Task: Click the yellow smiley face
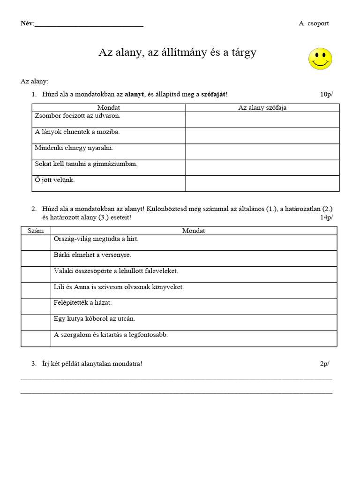320,59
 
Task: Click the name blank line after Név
89,24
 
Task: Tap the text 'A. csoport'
314,23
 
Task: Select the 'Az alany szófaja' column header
262,108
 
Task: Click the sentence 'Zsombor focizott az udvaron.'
77,115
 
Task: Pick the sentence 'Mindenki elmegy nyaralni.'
74,148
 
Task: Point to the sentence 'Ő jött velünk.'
55,180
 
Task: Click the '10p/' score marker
326,94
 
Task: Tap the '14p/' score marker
326,217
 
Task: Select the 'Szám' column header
36,231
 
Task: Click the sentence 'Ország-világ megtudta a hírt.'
97,239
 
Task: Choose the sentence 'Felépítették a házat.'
83,302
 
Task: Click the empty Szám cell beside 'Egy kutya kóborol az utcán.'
36,322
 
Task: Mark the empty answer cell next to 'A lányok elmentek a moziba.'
262,135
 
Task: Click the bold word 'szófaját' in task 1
214,94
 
